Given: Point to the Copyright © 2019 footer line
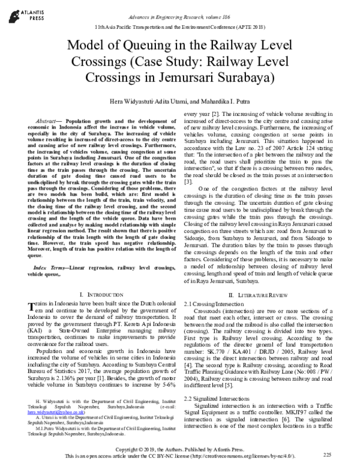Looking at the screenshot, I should pyautogui.click(x=179, y=450).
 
